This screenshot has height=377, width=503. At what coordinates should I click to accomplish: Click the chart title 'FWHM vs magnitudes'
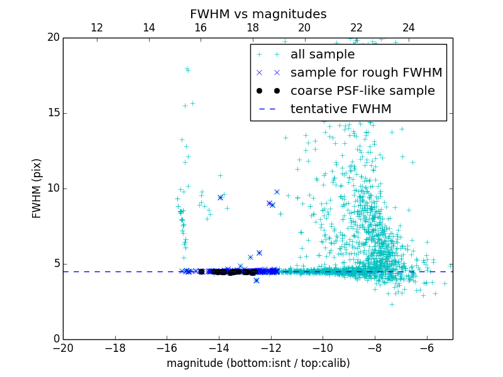(258, 14)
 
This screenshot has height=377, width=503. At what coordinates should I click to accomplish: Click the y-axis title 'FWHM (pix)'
(37, 188)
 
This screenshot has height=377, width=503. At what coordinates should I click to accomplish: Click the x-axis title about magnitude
(258, 363)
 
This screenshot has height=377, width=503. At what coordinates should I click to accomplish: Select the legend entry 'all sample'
(322, 55)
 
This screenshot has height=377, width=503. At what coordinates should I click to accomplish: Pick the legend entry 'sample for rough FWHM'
(366, 73)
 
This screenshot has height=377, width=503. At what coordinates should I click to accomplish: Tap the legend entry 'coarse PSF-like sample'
(362, 91)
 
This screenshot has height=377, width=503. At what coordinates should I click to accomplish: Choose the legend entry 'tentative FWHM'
(340, 109)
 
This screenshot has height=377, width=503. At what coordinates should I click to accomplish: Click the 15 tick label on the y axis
(52, 113)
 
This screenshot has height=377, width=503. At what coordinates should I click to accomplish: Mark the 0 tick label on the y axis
(55, 339)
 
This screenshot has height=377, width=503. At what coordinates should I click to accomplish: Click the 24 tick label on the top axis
(409, 28)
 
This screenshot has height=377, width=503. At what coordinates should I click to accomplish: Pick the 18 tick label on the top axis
(253, 28)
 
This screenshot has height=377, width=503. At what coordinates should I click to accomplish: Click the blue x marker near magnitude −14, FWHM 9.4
(220, 197)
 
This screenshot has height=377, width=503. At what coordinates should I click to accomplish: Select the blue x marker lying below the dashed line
(257, 280)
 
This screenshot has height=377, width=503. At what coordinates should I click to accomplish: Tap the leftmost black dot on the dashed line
(201, 272)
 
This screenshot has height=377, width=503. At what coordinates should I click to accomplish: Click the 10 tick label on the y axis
(52, 188)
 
